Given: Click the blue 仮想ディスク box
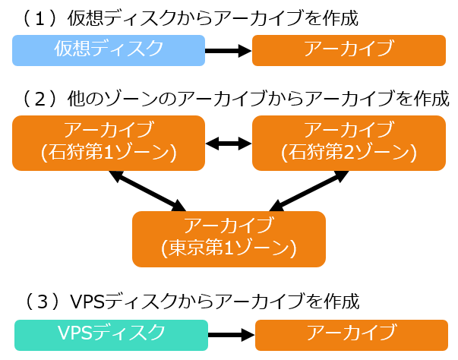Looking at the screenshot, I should pyautogui.click(x=109, y=50).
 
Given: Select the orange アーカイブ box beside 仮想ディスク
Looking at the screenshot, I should pyautogui.click(x=349, y=50).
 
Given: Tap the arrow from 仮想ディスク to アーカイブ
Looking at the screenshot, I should pyautogui.click(x=229, y=51).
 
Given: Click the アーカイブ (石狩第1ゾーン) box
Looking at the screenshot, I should pyautogui.click(x=109, y=142).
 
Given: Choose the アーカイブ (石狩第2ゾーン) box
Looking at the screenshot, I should pyautogui.click(x=349, y=142).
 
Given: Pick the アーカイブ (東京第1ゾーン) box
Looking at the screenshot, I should pyautogui.click(x=229, y=238).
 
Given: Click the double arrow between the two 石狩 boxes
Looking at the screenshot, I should pyautogui.click(x=229, y=142).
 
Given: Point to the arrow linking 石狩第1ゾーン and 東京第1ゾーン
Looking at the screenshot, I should pyautogui.click(x=147, y=190).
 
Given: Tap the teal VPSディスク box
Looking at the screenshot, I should pyautogui.click(x=111, y=334).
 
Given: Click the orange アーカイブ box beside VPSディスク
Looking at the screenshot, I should pyautogui.click(x=351, y=334).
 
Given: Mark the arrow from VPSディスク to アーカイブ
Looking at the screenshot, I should pyautogui.click(x=231, y=334).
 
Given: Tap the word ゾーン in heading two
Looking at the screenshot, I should pyautogui.click(x=141, y=99).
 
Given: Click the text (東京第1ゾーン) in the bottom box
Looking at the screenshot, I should pyautogui.click(x=229, y=248).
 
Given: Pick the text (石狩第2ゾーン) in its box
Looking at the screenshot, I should pyautogui.click(x=349, y=153).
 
